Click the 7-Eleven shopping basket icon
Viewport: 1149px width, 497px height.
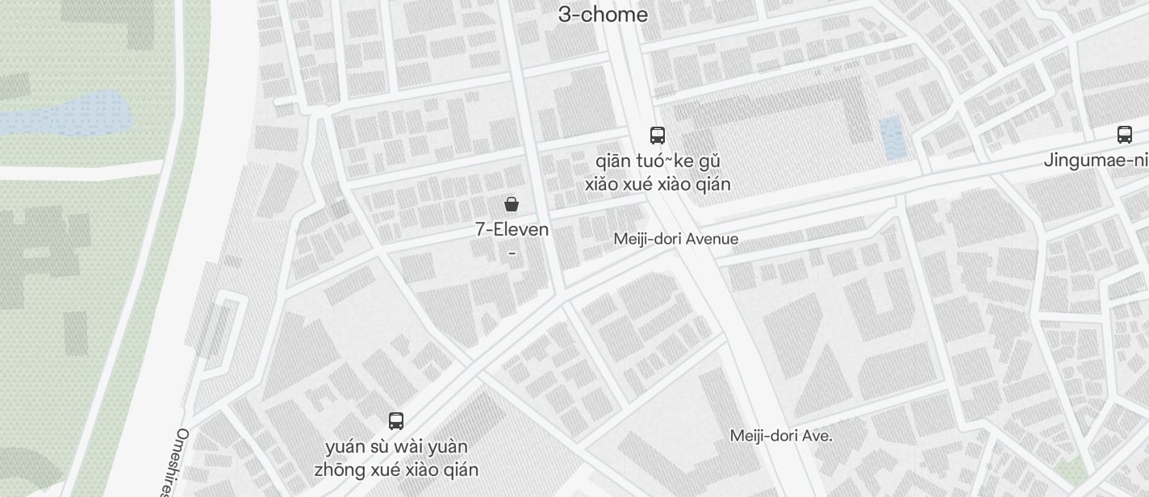click(511, 203)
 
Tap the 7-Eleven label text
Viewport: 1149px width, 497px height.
click(512, 229)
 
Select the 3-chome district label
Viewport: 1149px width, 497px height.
click(603, 15)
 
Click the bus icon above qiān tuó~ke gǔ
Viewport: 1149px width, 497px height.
click(658, 135)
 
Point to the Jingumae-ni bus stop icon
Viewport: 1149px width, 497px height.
click(1125, 134)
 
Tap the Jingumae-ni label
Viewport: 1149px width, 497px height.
click(1095, 160)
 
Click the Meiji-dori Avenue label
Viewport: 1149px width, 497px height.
click(675, 239)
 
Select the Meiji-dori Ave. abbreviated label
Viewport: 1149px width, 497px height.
click(781, 436)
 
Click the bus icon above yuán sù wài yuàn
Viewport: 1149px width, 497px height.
click(396, 420)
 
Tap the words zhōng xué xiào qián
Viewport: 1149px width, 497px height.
click(396, 470)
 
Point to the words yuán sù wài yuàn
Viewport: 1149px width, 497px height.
click(396, 446)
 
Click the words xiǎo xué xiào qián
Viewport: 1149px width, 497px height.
click(658, 184)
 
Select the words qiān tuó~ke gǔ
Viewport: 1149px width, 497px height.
click(658, 161)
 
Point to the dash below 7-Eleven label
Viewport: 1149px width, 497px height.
click(512, 253)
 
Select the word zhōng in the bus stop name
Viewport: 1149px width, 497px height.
click(337, 470)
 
